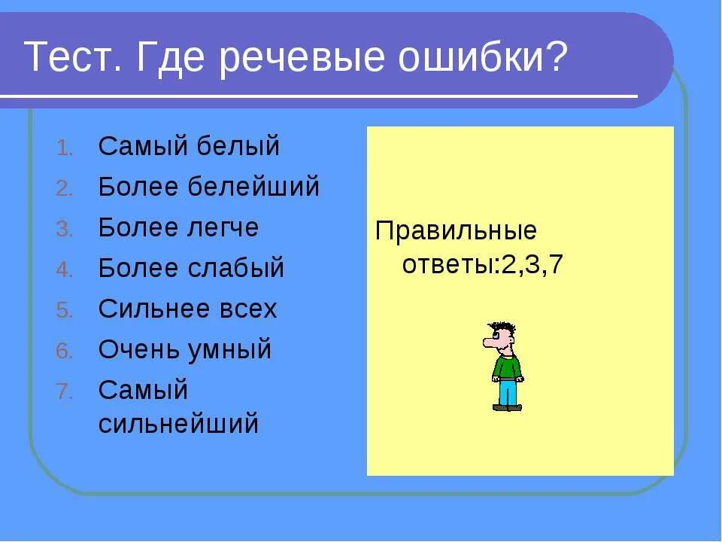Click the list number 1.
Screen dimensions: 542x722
click(x=64, y=148)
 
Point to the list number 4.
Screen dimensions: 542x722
click(x=64, y=270)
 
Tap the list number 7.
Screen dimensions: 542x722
click(x=64, y=392)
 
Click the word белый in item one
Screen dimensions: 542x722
click(x=238, y=147)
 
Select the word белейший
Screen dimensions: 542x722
click(x=258, y=187)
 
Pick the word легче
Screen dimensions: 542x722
click(x=223, y=227)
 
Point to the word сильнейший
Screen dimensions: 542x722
click(x=178, y=425)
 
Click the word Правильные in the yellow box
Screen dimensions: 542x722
click(x=456, y=230)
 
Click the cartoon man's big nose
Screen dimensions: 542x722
click(x=490, y=343)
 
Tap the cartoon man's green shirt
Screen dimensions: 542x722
click(x=508, y=367)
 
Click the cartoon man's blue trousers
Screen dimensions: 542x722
click(x=508, y=393)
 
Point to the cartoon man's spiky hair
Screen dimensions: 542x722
click(x=505, y=328)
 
